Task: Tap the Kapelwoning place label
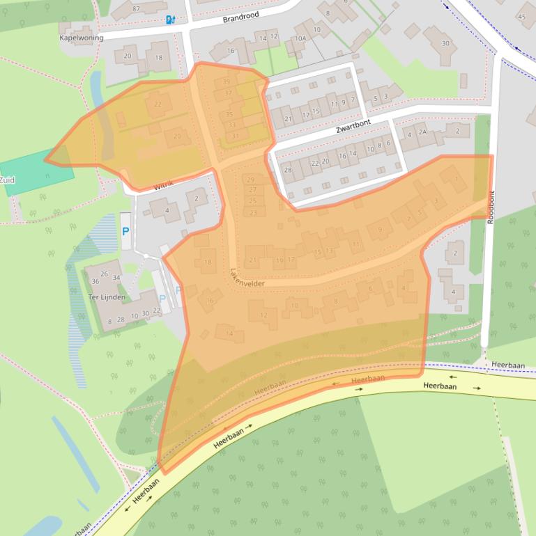[81, 38]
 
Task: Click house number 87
[136, 8]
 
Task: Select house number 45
[521, 16]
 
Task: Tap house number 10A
[300, 39]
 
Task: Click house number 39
[227, 81]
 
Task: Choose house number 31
[236, 136]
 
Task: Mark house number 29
[251, 180]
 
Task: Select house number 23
[253, 212]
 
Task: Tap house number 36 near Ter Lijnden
[95, 281]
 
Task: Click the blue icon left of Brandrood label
[170, 19]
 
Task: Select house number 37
[228, 93]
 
